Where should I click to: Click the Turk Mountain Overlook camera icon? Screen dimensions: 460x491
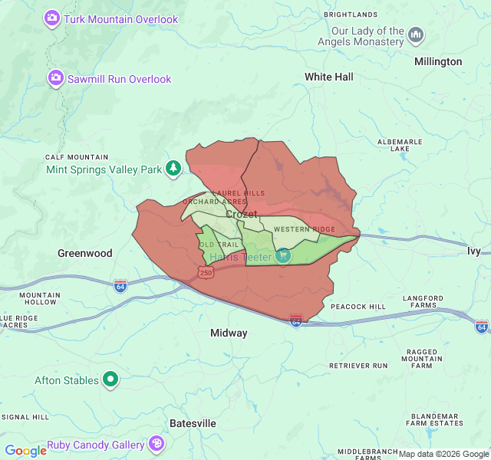pos(53,18)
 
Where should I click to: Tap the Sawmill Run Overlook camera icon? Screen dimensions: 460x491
pos(56,77)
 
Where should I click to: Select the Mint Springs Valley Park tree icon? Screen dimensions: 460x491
pos(174,168)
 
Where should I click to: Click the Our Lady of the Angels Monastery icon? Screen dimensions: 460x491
pos(416,34)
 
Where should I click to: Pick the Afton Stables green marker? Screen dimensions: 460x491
pos(111,379)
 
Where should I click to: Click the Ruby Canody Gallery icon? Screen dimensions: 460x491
pos(157,444)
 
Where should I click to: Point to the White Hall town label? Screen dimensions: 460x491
pos(329,77)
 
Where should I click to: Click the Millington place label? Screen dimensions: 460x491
pos(438,61)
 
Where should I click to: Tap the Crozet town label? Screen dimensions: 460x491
pos(242,214)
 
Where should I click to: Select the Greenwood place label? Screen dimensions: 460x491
pos(85,253)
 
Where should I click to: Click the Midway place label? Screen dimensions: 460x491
pos(229,333)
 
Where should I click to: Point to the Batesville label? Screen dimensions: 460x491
pos(193,423)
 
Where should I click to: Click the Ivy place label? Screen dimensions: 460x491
pos(473,251)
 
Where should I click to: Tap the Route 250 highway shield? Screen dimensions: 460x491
pos(206,272)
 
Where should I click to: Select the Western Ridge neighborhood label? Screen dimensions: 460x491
pos(304,229)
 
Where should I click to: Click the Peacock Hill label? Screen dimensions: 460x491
pos(358,307)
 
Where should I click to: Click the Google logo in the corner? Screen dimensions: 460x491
pos(25,450)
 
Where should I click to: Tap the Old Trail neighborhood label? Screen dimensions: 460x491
pos(214,245)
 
